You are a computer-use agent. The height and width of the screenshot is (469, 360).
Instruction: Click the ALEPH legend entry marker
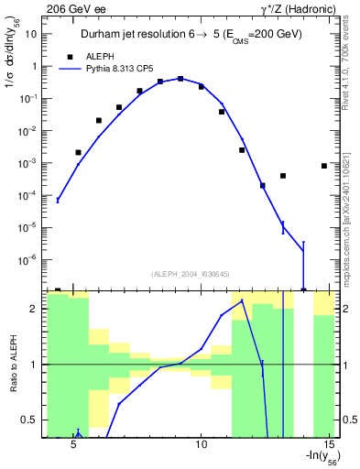(69, 56)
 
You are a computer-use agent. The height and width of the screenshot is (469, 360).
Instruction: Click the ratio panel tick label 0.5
(28, 420)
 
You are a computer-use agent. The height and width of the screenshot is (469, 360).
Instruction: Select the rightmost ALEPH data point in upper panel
(324, 166)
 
